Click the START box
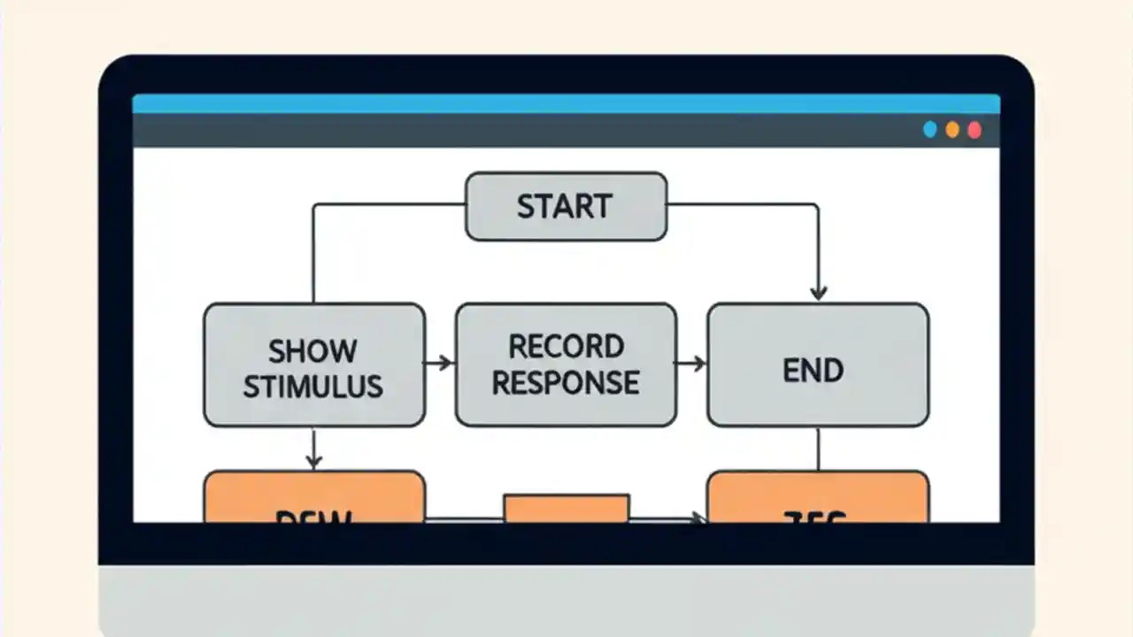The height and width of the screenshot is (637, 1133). (566, 206)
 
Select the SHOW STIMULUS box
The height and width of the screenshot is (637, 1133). (313, 365)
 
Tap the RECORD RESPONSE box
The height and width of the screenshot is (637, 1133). (566, 365)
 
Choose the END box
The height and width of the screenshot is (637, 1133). (817, 365)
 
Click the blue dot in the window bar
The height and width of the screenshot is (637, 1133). (929, 130)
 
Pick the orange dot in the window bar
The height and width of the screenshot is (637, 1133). (952, 130)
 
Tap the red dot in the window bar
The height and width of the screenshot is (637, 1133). (975, 130)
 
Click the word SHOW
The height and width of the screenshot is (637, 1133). (312, 350)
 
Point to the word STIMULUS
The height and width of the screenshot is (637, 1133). (312, 387)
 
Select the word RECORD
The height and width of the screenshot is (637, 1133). (566, 345)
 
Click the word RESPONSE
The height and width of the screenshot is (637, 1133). (566, 382)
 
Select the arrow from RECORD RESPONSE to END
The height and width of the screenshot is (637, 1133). (691, 362)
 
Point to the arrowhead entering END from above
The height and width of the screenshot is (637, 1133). (818, 293)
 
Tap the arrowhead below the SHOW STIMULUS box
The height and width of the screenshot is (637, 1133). (313, 460)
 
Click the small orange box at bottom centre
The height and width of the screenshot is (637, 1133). (566, 508)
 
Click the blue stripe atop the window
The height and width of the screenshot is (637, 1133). (566, 104)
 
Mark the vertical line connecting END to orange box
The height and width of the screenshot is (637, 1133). (817, 449)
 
